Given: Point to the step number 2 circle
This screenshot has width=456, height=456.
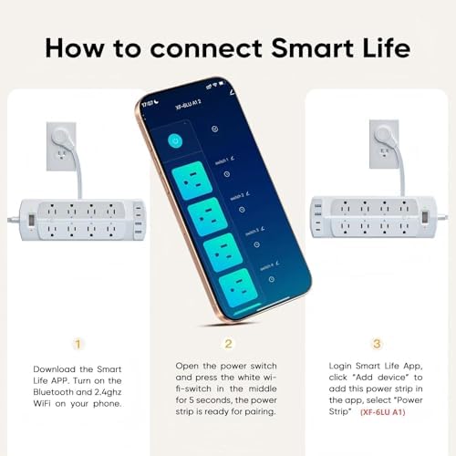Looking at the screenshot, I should click(x=228, y=344).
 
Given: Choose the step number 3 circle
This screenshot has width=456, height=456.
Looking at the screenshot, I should click(x=377, y=344).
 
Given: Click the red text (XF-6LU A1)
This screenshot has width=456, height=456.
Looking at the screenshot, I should click(x=385, y=412).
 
